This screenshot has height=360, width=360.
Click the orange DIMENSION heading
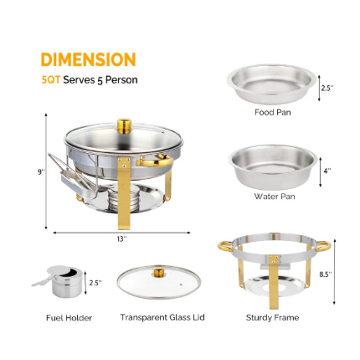point(88,60)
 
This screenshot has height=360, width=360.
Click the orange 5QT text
point(50,81)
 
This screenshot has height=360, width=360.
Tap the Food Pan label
point(272,112)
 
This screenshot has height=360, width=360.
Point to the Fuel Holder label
point(69,318)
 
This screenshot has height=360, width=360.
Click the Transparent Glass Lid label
point(162,317)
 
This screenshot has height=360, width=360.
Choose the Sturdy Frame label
point(272,318)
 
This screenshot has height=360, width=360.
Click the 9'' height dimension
point(40,171)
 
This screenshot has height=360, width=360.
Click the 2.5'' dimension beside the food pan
point(327,88)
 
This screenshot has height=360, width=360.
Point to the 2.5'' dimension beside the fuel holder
point(95,283)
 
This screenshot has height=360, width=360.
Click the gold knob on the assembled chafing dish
point(124,126)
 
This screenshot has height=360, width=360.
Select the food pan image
point(271,83)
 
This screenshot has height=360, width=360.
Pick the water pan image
point(273,165)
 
